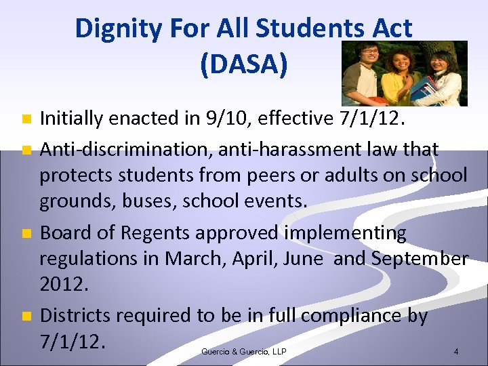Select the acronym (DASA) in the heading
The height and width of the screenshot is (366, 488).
[x=244, y=64]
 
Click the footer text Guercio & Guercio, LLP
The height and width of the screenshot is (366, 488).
[x=243, y=351]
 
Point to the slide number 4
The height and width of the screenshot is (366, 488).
[x=456, y=352]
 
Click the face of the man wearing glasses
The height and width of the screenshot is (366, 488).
[x=369, y=54]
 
